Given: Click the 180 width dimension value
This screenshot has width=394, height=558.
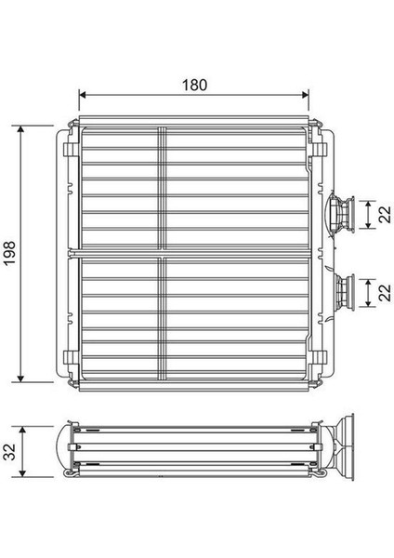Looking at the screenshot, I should [x=193, y=83].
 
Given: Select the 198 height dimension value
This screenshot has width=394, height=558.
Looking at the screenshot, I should [x=10, y=252].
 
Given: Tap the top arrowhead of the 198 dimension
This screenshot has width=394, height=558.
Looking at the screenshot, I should [x=22, y=126].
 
